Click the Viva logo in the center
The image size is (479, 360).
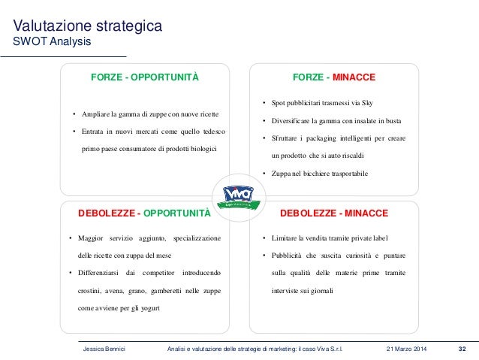coord(239,197)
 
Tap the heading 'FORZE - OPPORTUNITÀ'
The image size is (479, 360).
coord(144,77)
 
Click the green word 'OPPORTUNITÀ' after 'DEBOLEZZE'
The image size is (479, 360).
coord(176,213)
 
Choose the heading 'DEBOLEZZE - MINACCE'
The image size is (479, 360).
coord(333,213)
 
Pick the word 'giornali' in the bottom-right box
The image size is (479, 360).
coord(319,290)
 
